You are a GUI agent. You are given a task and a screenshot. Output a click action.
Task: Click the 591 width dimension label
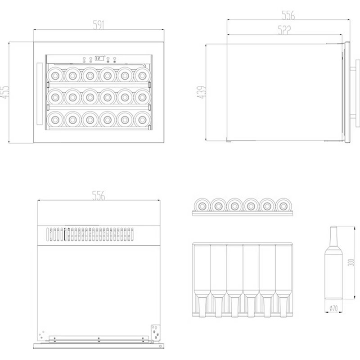[x=99, y=25]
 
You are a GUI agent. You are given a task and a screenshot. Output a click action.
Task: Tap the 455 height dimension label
[x=4, y=92]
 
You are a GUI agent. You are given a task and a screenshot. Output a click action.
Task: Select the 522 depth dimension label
[x=284, y=30]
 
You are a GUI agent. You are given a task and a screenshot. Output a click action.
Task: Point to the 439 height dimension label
[x=201, y=92]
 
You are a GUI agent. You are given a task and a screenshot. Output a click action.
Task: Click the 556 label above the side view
[x=288, y=15]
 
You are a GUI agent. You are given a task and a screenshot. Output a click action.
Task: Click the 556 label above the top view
[x=99, y=196]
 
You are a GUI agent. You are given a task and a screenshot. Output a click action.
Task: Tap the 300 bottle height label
[x=351, y=262]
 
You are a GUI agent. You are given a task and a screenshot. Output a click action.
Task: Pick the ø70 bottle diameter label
[x=333, y=308]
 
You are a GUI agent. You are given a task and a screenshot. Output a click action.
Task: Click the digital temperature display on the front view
[x=99, y=58]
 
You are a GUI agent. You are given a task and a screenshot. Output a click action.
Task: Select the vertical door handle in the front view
[x=40, y=94]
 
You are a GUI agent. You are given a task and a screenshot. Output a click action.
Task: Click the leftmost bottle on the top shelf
[x=55, y=75]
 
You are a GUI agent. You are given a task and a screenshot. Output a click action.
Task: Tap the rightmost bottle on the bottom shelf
[x=142, y=119]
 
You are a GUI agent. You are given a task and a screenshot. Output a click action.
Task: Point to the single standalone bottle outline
[x=333, y=263]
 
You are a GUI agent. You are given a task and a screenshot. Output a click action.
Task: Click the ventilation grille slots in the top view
[x=90, y=234]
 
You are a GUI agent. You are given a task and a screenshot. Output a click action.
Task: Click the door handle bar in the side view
[x=357, y=93]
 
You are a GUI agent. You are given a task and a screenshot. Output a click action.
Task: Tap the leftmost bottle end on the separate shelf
[x=202, y=206]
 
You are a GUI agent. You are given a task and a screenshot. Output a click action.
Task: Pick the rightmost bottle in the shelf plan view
[x=284, y=280]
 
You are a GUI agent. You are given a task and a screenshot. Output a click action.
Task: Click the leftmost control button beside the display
[x=84, y=58]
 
